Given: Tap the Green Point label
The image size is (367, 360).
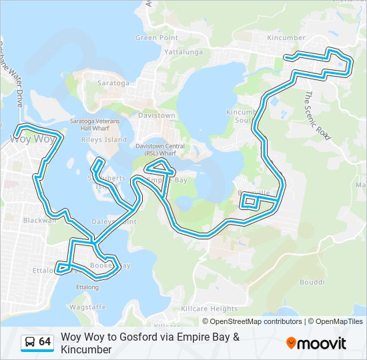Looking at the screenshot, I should coord(156,38).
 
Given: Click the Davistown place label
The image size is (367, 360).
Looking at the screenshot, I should coord(156,115).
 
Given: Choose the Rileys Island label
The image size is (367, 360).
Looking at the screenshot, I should coord(103,140).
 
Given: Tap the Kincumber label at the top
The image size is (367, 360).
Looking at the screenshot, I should coord(286,38).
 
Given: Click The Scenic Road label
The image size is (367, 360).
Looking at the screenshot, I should coord(317,115).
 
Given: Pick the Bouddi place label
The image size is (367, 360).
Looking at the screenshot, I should coord(312,282).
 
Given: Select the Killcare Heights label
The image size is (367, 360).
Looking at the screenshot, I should coord(210,309).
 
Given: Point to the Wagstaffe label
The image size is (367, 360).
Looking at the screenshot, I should coord(87,307).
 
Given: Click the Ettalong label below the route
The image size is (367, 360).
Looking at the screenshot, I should coord(87,287).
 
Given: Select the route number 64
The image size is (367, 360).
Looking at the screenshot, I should coord(45,342).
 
